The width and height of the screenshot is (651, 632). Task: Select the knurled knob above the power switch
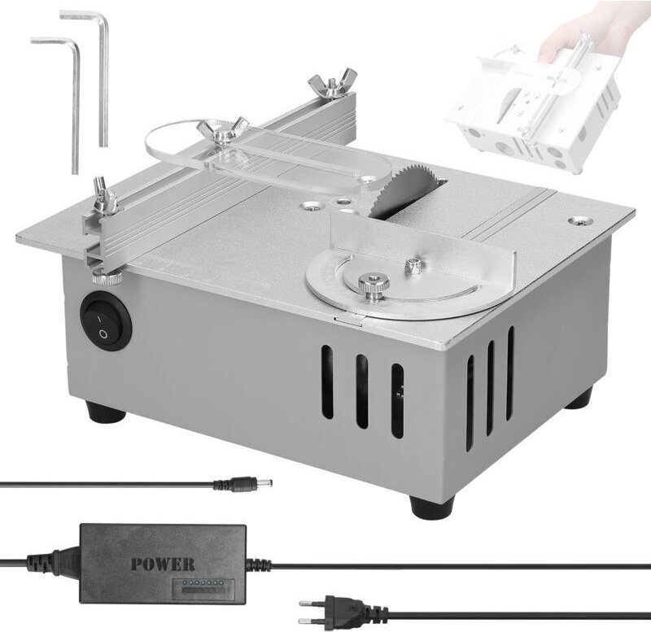click(x=107, y=278)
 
